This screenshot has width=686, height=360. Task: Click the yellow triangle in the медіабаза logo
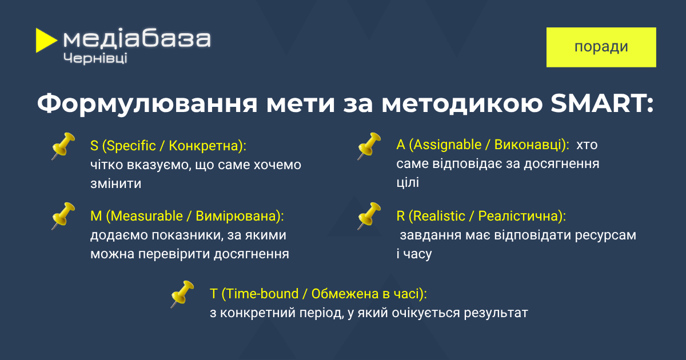(x=45, y=41)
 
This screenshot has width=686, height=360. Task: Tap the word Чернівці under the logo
(x=95, y=58)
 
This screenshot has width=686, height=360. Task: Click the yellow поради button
(x=601, y=47)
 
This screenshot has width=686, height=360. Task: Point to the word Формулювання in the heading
(x=147, y=105)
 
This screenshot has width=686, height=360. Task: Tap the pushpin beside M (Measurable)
(x=63, y=216)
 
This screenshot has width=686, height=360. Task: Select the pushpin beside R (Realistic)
(x=369, y=216)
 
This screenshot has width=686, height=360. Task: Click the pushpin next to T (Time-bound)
(x=182, y=294)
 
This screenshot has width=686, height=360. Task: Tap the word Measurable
(x=147, y=216)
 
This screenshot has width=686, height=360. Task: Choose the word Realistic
(x=439, y=216)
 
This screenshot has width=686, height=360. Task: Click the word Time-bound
(x=262, y=294)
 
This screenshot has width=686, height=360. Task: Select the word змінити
(x=115, y=183)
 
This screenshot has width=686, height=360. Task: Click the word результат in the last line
(x=496, y=313)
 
